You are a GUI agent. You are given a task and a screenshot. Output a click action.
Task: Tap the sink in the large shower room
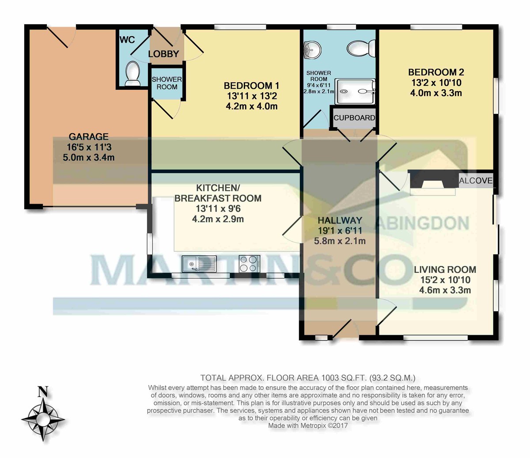(311, 51)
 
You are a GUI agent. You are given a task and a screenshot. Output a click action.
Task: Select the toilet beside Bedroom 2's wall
(361, 49)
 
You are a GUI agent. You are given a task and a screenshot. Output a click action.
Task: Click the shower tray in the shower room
(355, 91)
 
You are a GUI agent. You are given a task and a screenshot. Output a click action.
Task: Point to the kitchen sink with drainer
(199, 264)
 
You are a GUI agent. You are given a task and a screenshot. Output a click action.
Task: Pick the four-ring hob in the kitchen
(249, 264)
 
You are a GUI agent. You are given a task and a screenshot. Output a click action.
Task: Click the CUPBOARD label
(354, 118)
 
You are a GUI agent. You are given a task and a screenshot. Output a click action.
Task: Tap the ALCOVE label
(476, 181)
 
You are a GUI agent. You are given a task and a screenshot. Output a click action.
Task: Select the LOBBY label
(163, 54)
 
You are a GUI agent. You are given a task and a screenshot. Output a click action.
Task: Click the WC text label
(127, 40)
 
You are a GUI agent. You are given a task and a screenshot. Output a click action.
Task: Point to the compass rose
(43, 420)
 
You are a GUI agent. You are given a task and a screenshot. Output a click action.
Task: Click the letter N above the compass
(43, 392)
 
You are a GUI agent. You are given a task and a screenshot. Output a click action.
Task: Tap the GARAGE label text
(88, 136)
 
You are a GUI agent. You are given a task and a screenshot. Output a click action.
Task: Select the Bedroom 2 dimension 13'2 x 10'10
(436, 83)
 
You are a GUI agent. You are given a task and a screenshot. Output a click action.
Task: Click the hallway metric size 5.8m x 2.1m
(340, 241)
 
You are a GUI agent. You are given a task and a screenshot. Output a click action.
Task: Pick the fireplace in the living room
(433, 182)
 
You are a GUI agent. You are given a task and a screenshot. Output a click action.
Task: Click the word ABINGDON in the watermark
(422, 223)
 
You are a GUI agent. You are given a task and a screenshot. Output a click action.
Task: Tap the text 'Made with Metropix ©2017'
(308, 425)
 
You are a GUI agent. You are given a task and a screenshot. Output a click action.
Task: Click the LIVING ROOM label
(445, 269)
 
